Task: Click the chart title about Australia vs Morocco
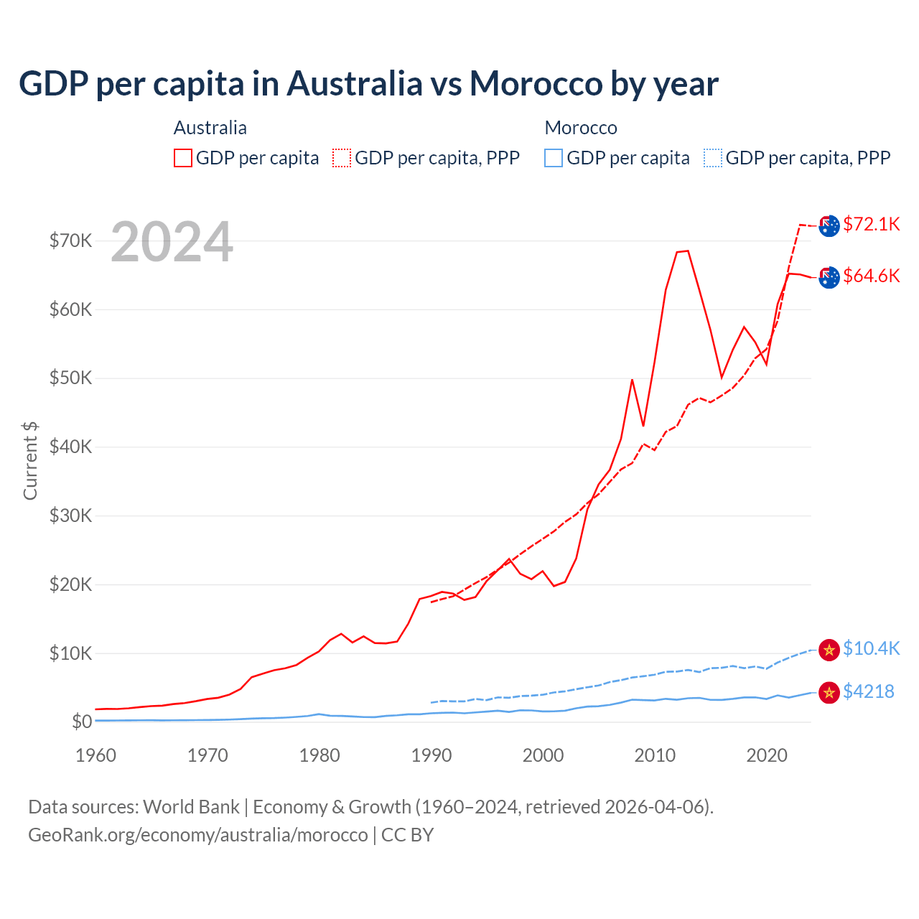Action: coord(368,83)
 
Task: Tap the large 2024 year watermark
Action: coord(172,242)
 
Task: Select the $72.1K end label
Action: coord(871,224)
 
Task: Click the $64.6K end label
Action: coord(871,276)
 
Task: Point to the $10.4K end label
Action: coord(871,648)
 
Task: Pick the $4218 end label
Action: coord(868,691)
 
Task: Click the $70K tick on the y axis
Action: coord(71,241)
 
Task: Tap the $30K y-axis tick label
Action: coord(71,516)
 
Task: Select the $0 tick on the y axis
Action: coord(82,722)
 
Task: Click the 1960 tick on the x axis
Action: coord(95,755)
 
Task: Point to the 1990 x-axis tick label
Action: coord(431,755)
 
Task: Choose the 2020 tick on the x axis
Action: coord(767,755)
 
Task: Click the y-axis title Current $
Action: coord(30,460)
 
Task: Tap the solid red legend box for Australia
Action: coord(183,158)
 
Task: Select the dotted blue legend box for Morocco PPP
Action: coord(713,158)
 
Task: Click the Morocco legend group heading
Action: coord(581,128)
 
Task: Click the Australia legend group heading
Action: coord(210,128)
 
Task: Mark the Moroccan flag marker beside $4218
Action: coord(829,692)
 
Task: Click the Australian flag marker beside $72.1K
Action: coord(829,225)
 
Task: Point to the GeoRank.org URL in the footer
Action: coord(198,835)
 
